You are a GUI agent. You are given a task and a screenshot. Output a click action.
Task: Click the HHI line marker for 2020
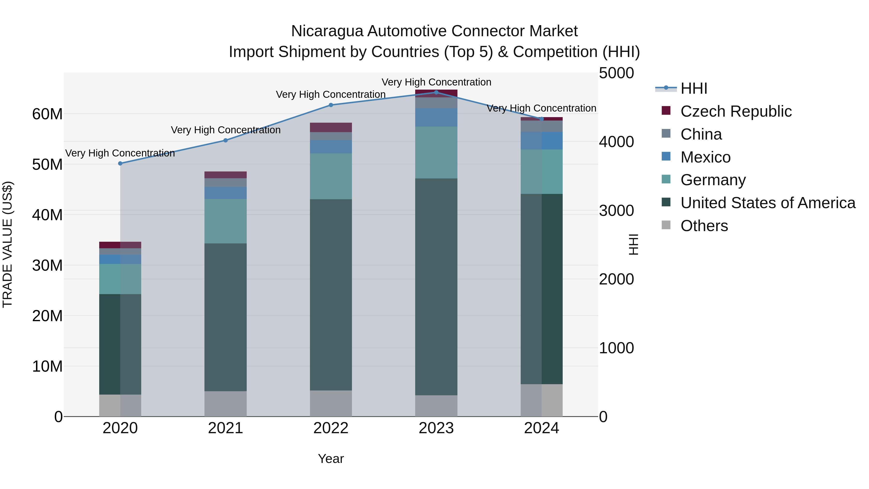point(120,163)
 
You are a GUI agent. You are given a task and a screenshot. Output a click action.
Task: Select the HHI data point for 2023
point(436,92)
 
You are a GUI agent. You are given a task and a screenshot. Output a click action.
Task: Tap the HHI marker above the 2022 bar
point(331,105)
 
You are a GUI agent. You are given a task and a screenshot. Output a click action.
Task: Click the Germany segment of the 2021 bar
point(225,221)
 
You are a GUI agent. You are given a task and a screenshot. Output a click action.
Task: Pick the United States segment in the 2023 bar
point(436,287)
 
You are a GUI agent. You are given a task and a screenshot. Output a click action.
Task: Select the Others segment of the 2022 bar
point(331,403)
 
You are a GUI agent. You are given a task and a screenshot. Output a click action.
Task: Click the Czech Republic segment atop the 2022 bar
point(331,127)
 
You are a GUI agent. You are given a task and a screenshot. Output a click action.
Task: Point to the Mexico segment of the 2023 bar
point(436,117)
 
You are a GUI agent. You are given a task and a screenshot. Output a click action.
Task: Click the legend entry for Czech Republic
point(736,111)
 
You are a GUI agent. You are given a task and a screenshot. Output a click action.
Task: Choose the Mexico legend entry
point(705,157)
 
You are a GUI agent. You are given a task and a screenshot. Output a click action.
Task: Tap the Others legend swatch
point(666,225)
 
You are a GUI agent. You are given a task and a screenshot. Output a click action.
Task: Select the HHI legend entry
point(693,88)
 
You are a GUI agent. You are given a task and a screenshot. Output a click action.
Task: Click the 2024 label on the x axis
point(541,428)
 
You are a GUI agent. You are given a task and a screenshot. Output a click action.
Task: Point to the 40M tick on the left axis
point(47,215)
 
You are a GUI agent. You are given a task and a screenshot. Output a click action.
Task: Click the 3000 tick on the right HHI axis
point(616,211)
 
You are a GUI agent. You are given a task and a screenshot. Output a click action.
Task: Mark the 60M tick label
point(47,114)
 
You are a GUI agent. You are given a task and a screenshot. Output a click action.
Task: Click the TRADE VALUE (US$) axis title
point(7,244)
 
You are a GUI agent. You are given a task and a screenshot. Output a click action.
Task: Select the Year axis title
point(331,459)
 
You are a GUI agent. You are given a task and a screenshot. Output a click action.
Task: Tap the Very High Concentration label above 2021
point(225,130)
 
